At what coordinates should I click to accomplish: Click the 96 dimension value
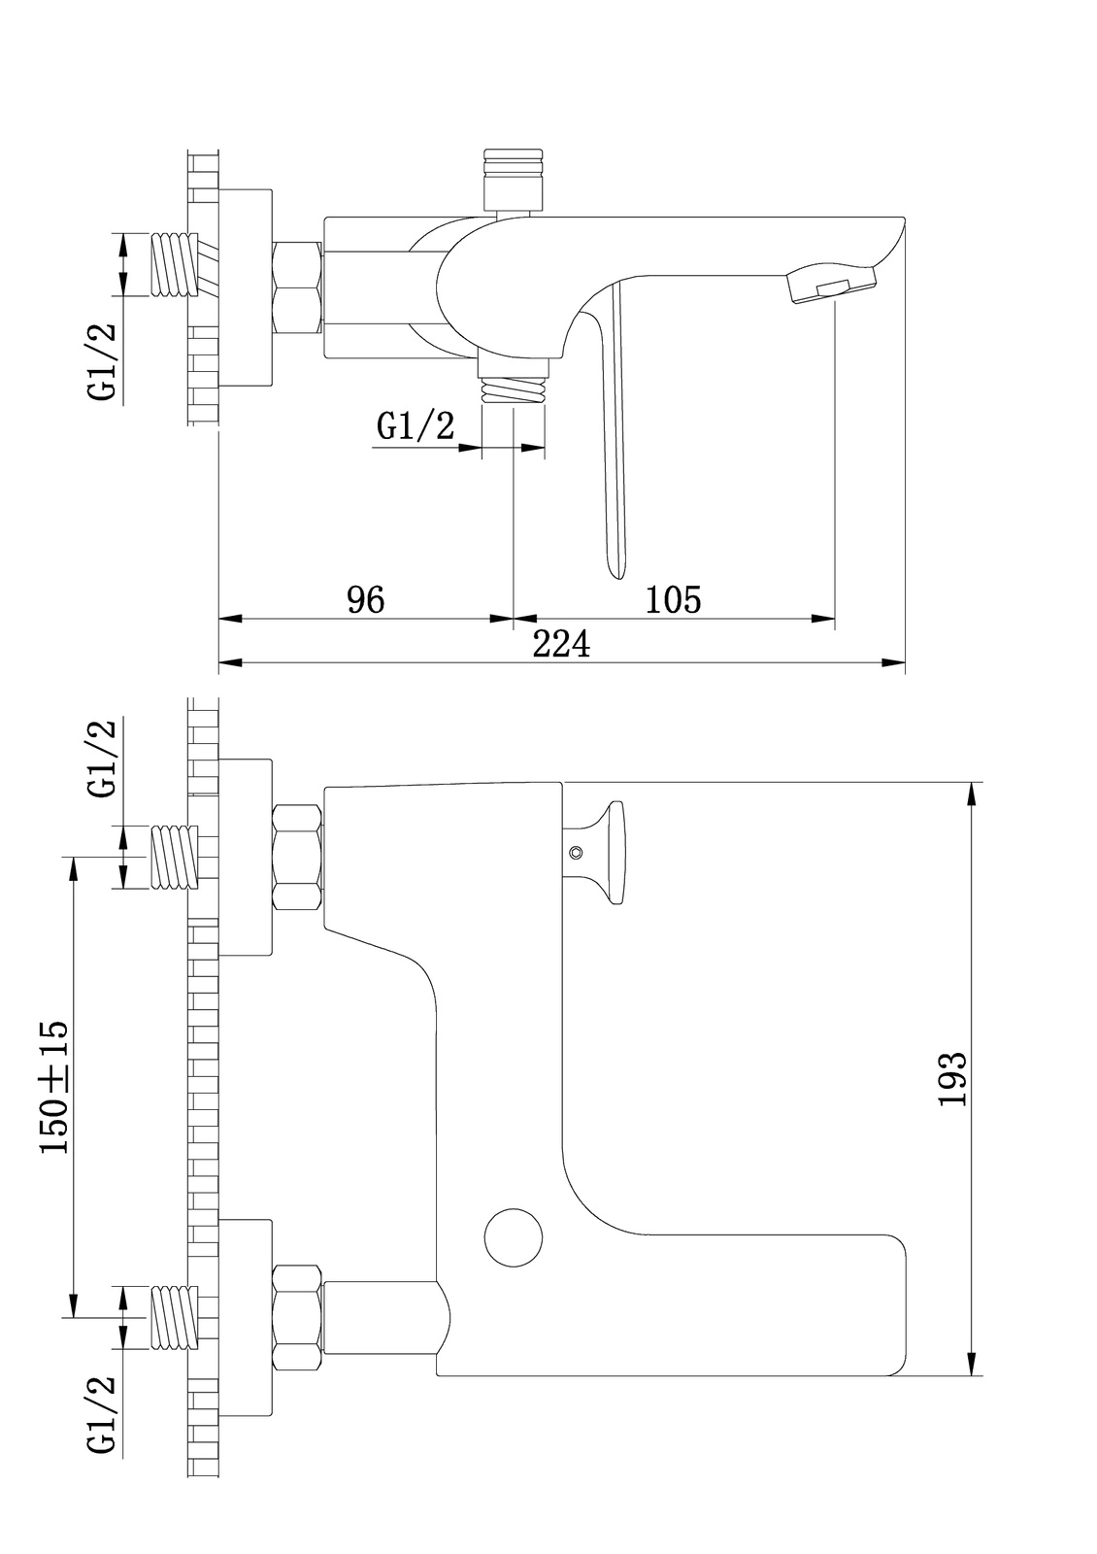click(366, 600)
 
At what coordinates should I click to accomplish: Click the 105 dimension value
click(673, 600)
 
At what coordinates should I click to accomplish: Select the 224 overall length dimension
click(561, 644)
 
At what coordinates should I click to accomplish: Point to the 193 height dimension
click(953, 1078)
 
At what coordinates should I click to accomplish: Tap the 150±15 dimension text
click(54, 1086)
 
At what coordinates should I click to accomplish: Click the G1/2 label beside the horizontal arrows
click(416, 426)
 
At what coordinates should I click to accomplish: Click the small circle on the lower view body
click(514, 1237)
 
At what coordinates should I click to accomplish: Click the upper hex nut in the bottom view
click(297, 857)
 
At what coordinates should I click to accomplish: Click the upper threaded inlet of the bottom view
click(175, 857)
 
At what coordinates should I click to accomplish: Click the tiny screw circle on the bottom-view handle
click(576, 853)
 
